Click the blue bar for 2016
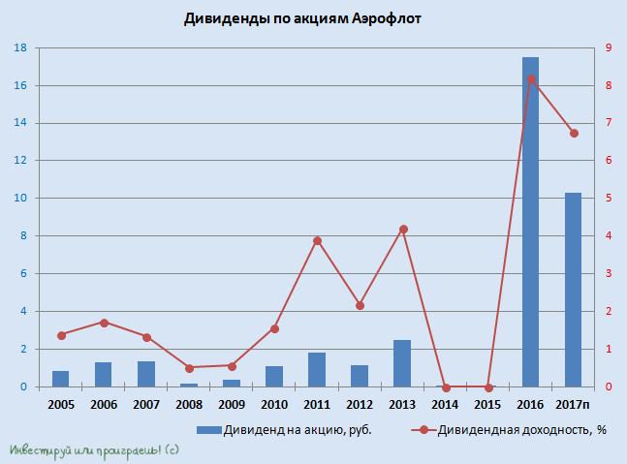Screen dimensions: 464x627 (530, 223)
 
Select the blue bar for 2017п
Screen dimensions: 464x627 (573, 291)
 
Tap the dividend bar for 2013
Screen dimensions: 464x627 (402, 364)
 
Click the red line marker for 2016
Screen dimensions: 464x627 (531, 79)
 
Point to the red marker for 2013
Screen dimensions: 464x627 (403, 230)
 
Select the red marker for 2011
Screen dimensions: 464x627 (317, 241)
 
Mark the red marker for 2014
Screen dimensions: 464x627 (446, 387)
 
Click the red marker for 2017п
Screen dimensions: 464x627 (574, 133)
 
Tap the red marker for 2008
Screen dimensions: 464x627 (189, 368)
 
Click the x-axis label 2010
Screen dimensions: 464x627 (274, 403)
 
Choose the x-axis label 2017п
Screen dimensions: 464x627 (574, 403)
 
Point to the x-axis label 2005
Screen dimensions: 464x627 (60, 403)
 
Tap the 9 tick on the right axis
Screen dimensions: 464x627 (608, 48)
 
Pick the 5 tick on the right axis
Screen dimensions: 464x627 (608, 199)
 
